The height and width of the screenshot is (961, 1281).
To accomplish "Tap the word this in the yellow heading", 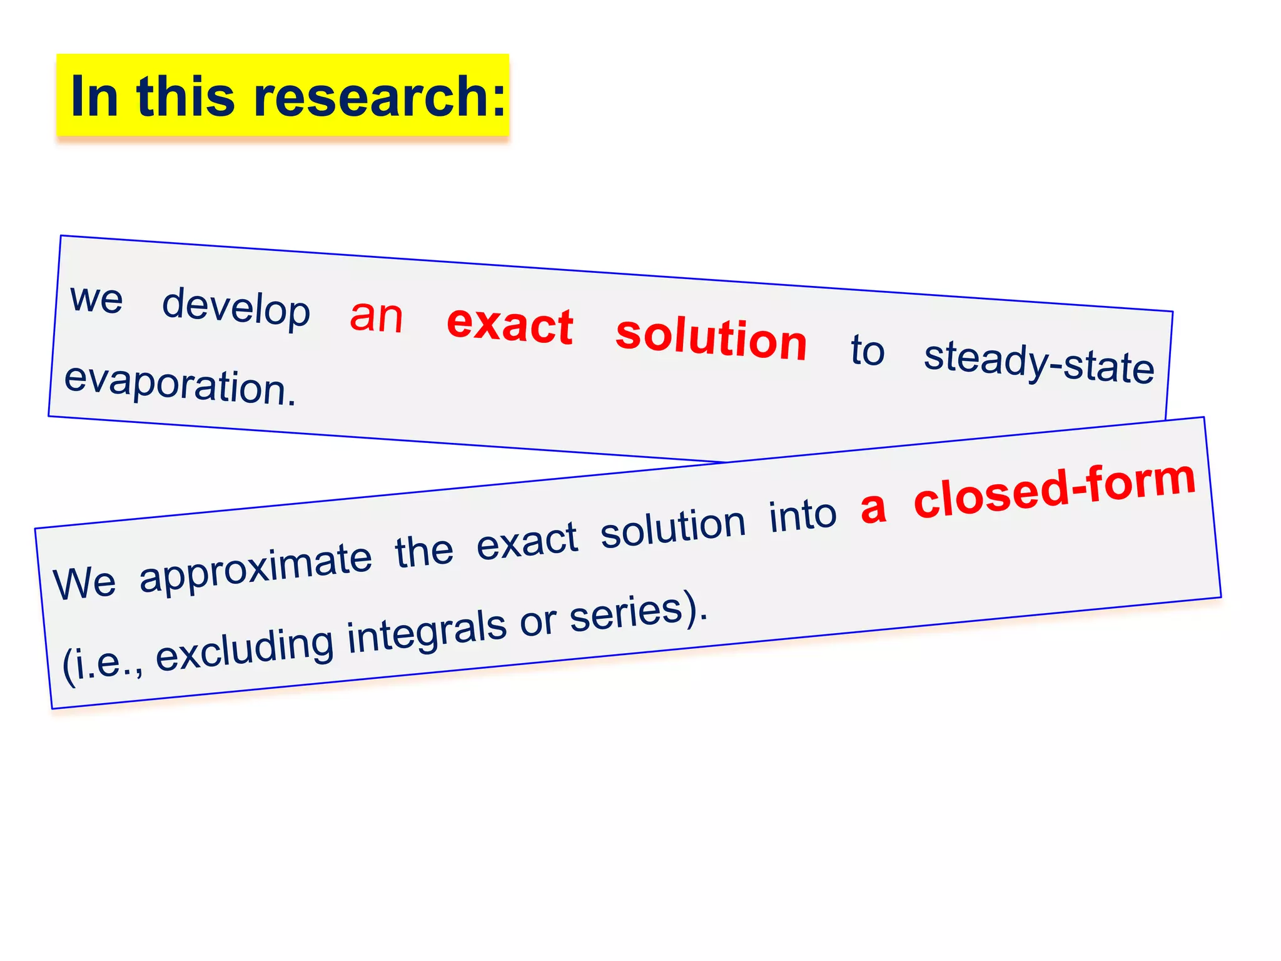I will point(185,96).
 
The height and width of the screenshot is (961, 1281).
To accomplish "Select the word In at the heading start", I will point(94,96).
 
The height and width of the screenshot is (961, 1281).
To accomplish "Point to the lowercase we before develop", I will point(96,298).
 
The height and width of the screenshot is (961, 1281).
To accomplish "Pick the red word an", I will point(376,316).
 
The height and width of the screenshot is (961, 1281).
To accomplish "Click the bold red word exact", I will point(510,325).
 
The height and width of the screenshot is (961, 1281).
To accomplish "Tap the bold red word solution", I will point(711,338).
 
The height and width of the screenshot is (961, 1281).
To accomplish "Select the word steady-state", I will point(1039,362).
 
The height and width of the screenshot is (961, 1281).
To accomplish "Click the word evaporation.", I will point(180,384).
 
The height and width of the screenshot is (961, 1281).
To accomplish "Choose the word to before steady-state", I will point(868,350).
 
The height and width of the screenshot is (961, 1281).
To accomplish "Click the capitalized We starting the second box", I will point(84,582).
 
